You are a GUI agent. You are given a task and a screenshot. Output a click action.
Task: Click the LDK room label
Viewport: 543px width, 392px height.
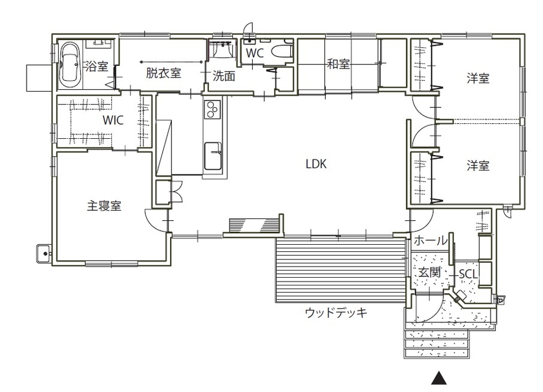[317, 164]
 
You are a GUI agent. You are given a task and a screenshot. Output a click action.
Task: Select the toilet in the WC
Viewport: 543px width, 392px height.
[281, 52]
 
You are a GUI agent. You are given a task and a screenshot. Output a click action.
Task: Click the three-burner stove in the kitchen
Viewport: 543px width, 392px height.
[213, 110]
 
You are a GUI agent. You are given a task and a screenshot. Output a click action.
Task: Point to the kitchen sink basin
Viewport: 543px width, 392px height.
[213, 155]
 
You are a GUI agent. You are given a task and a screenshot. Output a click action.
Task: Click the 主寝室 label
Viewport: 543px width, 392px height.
[105, 206]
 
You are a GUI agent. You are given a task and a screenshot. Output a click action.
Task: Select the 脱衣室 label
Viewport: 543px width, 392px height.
[164, 73]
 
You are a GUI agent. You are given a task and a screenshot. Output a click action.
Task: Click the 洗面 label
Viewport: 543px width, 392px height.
[224, 76]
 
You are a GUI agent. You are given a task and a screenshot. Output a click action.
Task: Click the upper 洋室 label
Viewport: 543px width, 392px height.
[478, 79]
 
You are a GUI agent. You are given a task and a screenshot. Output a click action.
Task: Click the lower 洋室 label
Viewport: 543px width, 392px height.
[478, 166]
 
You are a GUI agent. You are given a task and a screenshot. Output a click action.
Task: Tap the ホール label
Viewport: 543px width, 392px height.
[430, 241]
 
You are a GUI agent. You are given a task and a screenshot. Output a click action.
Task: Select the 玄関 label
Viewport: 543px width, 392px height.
[428, 273]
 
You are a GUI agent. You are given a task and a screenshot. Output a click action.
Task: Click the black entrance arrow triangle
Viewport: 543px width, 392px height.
[440, 378]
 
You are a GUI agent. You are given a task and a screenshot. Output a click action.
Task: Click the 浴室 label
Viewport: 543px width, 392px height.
[96, 65]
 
